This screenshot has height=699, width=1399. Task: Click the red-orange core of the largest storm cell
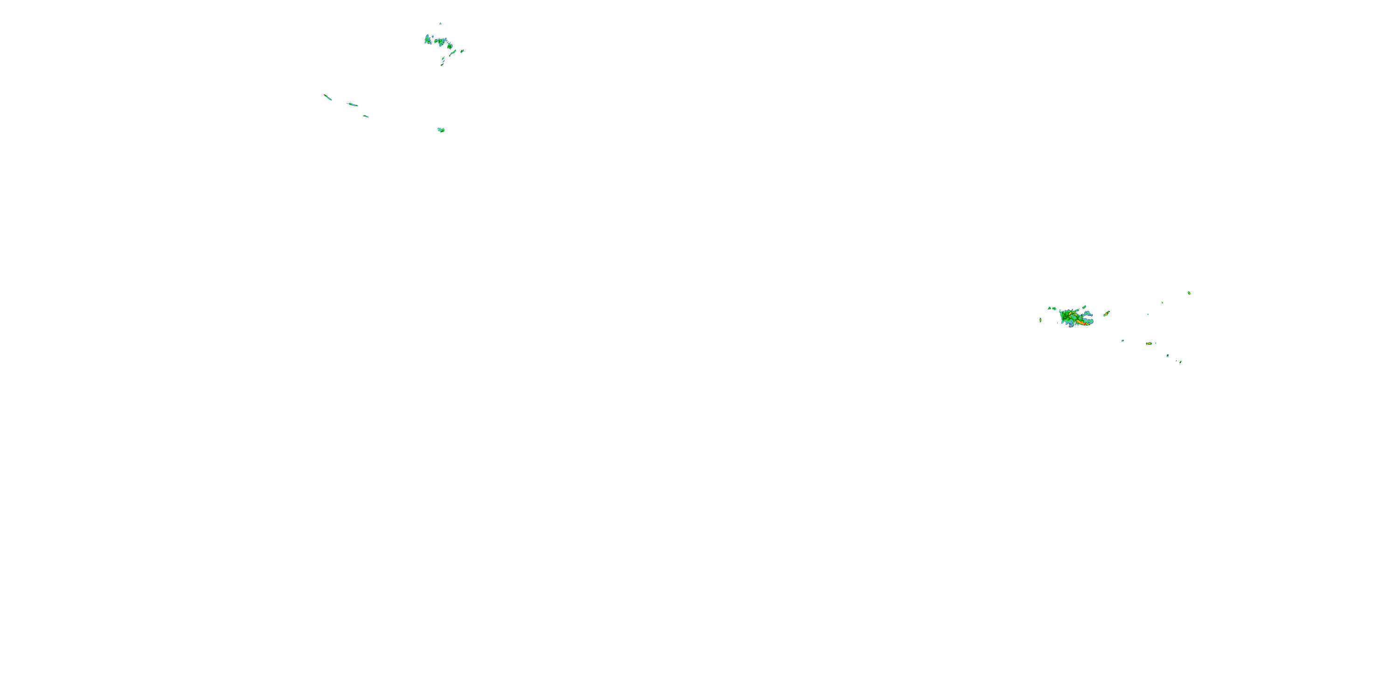pos(1084,323)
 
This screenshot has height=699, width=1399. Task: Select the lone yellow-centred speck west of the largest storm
pos(1040,320)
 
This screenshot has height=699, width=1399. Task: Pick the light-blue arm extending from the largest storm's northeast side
pos(1088,314)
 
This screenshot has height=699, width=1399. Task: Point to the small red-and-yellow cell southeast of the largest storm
pos(1149,343)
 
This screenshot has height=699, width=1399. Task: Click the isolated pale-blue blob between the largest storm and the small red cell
pos(1122,340)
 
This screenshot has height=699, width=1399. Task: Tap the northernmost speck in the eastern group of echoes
pos(1189,293)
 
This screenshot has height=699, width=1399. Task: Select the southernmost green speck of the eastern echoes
pos(1180,362)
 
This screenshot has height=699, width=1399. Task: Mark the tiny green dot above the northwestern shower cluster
pos(440,23)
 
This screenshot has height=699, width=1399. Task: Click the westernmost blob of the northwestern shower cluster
pos(428,39)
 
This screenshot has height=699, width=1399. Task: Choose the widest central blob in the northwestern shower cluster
pos(440,41)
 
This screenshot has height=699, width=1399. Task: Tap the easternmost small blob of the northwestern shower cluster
pos(462,51)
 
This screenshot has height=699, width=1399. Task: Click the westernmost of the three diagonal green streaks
pos(327,97)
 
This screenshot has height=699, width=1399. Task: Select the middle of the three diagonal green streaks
pos(353,104)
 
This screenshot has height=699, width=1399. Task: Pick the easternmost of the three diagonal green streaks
pos(366,116)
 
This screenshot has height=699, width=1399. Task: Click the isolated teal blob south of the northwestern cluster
pos(441,130)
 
